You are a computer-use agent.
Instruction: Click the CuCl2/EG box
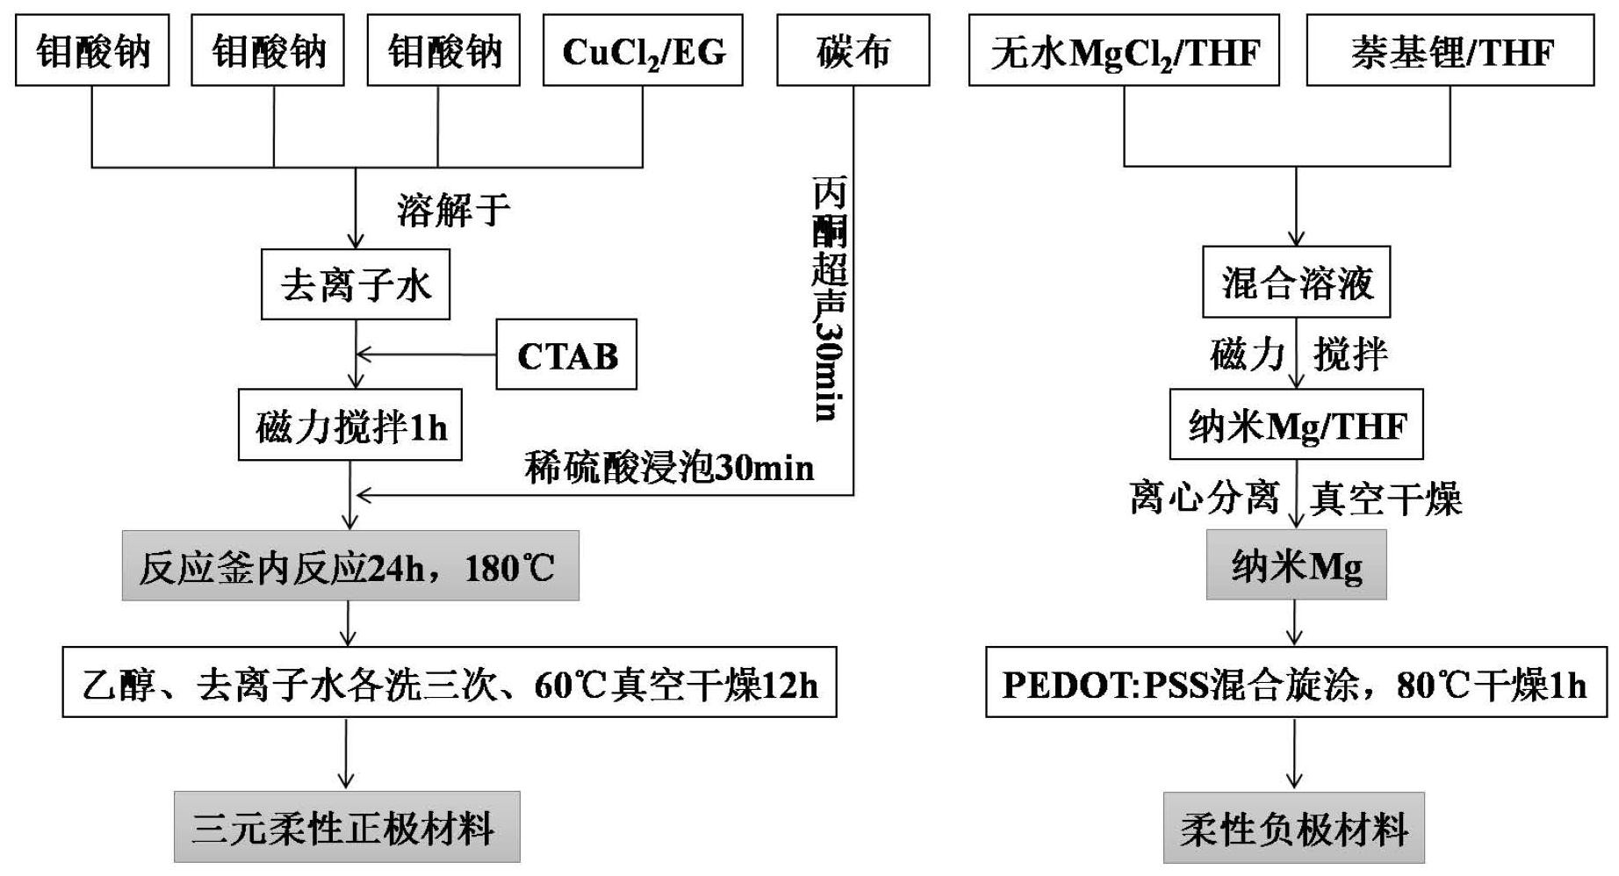643,51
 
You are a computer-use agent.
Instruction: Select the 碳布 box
853,51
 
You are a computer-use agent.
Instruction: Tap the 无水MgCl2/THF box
1124,51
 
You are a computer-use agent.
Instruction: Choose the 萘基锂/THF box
1450,51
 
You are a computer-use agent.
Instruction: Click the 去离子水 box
356,284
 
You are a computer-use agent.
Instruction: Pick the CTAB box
566,355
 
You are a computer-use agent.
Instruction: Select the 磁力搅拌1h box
350,426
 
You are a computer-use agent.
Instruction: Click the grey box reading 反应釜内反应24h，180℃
350,566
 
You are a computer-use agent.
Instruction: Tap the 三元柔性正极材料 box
347,827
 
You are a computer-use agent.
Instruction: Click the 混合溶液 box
1296,283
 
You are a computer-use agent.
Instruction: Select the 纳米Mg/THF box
1296,425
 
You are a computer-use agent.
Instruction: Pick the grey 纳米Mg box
1296,565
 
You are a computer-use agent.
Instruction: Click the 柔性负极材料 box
1294,828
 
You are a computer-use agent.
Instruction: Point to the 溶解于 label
453,210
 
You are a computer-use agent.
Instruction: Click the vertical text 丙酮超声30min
829,298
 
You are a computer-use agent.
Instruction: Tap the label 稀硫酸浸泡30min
669,467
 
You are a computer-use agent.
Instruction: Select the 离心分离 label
1204,498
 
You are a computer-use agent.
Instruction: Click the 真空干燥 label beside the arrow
1385,499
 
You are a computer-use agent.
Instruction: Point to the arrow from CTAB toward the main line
426,355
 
